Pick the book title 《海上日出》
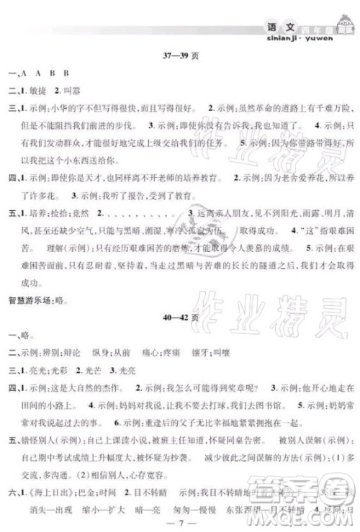[45, 489]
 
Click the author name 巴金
[81, 489]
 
